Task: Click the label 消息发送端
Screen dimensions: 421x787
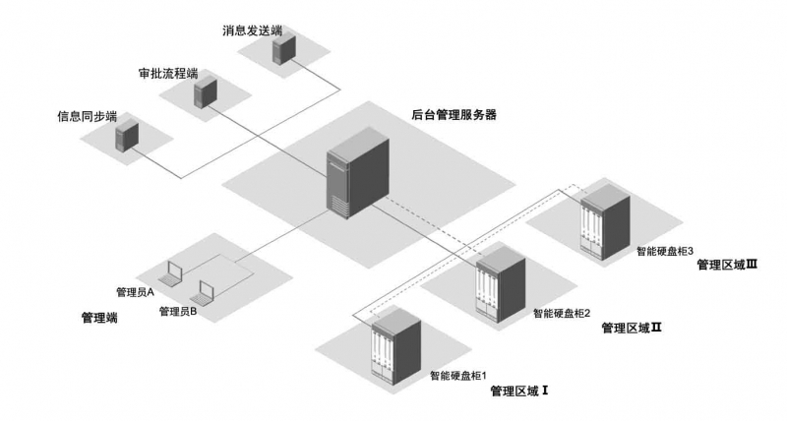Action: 253,30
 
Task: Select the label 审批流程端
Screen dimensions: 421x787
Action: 168,74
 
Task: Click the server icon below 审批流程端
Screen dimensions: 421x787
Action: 204,93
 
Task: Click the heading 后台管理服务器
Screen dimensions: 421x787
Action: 454,114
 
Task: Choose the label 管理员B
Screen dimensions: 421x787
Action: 178,311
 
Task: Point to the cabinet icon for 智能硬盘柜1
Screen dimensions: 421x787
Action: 393,344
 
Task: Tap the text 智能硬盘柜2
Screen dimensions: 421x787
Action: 562,313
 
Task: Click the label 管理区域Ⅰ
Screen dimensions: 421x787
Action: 518,391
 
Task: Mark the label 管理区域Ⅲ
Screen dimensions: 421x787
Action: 726,264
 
